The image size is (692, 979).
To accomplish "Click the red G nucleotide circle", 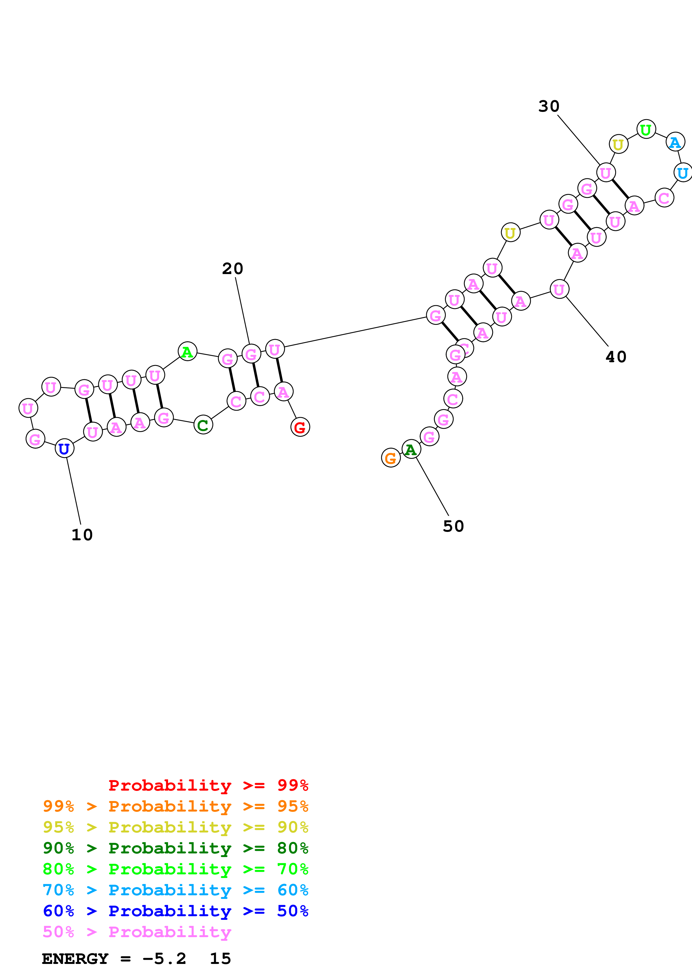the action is (300, 427).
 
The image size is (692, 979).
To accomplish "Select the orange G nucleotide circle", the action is (391, 458).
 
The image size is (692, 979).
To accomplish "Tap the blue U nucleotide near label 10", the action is (64, 448).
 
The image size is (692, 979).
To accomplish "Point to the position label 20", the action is (232, 269).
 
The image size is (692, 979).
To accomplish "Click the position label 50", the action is (453, 526).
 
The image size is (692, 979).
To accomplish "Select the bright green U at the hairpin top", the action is (646, 129).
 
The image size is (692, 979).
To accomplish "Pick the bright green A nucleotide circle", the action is (187, 352).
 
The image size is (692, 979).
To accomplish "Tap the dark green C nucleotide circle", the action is (203, 425).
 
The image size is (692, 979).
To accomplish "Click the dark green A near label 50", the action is (411, 449).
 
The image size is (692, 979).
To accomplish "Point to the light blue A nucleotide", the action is (675, 142).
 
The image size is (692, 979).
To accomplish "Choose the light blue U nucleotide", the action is (683, 173).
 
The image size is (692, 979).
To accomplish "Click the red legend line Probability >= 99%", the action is (208, 785).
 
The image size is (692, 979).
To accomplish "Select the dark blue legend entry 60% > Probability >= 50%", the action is (175, 911).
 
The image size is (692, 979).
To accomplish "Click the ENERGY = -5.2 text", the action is (114, 959).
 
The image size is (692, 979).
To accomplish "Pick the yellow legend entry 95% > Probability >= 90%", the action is (175, 827).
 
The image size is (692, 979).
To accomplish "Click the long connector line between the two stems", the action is (355, 332).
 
